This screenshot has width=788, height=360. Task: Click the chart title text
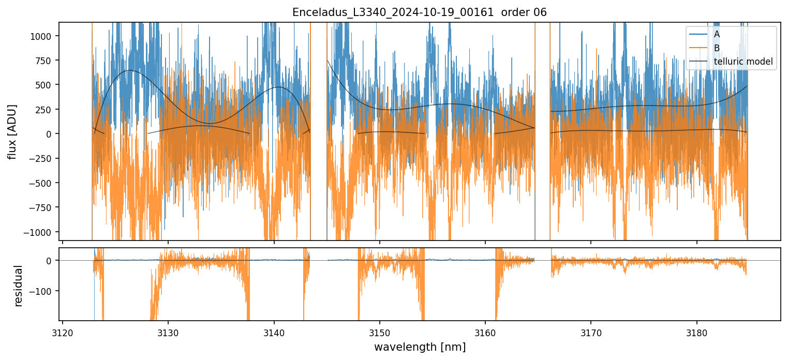coord(419,12)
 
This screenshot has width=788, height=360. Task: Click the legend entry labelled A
coord(717,34)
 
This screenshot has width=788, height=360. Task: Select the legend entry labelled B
coord(717,48)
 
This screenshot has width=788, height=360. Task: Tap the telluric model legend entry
coord(743,62)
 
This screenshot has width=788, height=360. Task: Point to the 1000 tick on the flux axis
coord(44,36)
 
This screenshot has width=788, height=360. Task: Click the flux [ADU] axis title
coord(12,131)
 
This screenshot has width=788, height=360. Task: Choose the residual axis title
coord(19,286)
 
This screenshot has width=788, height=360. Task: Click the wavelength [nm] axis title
coord(420,347)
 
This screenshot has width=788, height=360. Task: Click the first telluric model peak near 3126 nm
coord(129,70)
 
